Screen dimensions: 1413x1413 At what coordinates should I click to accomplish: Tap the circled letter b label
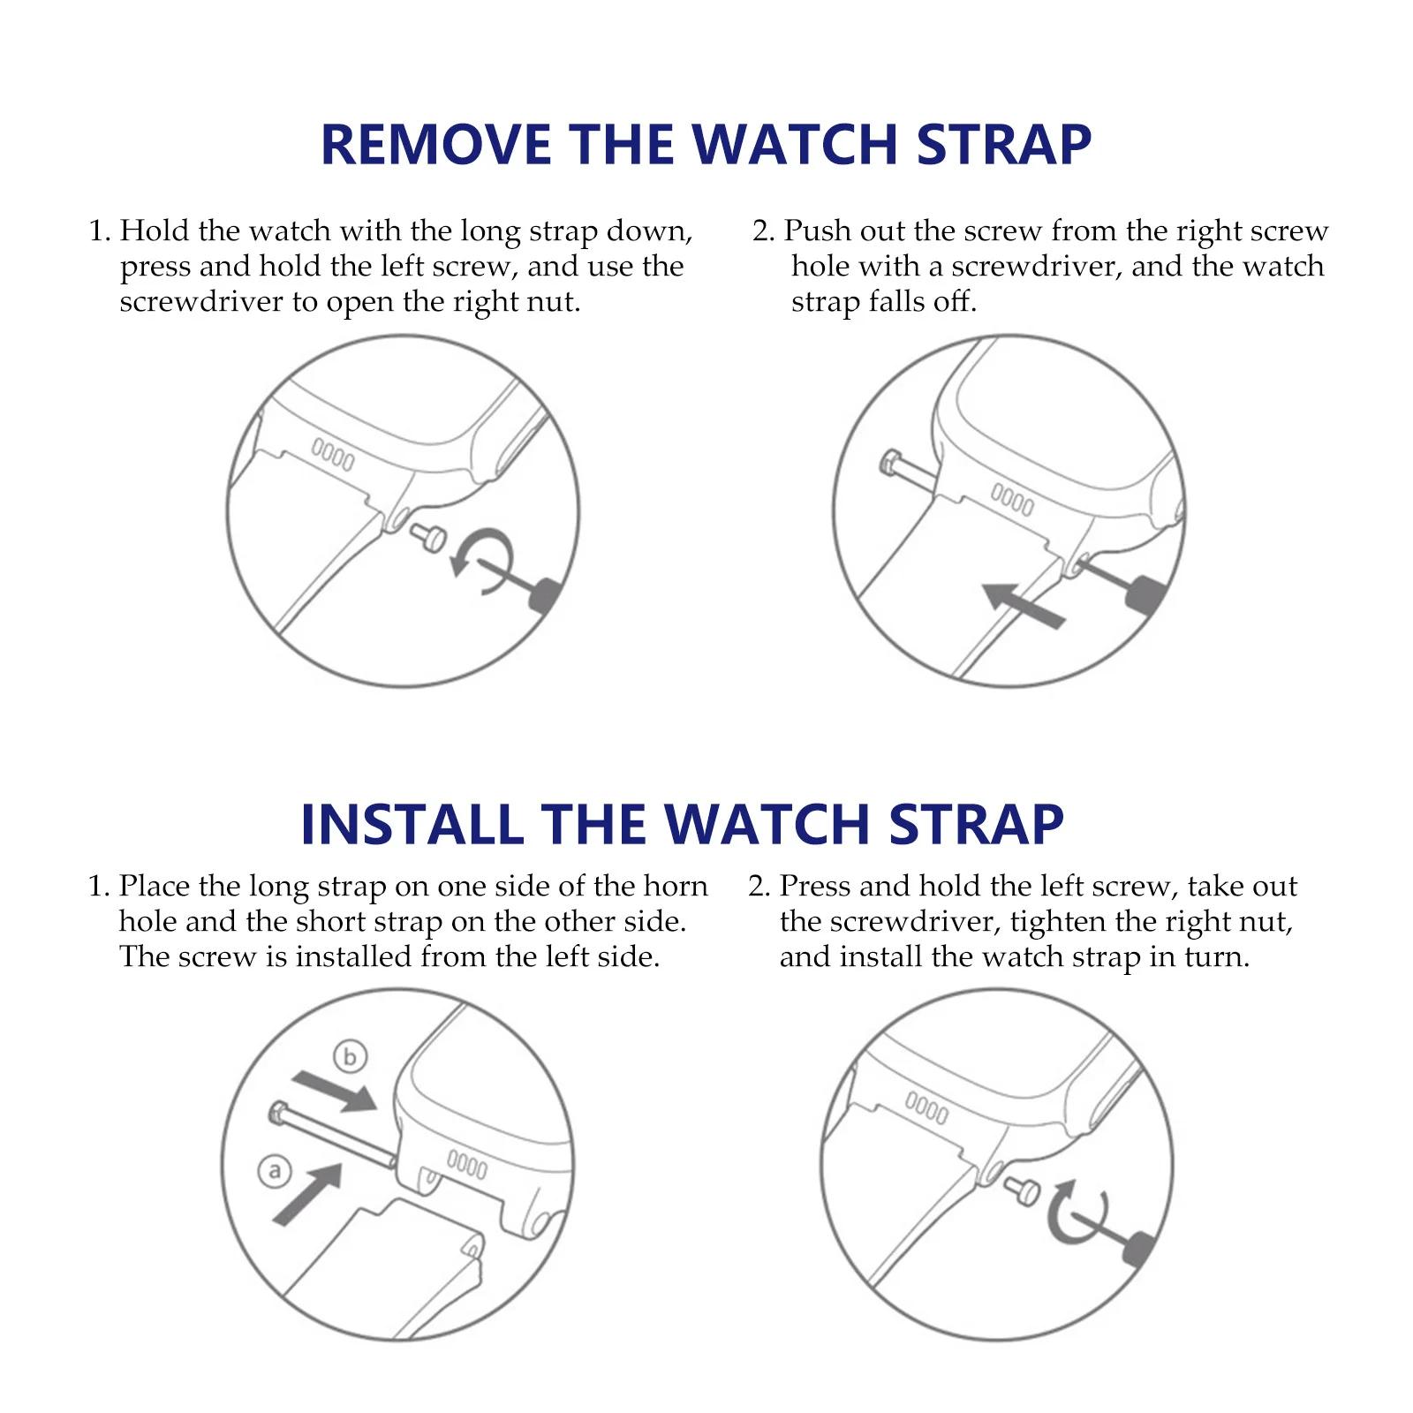click(x=350, y=1056)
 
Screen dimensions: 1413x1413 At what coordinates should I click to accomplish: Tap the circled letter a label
click(x=275, y=1172)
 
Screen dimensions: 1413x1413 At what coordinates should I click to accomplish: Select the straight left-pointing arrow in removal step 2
click(x=1023, y=606)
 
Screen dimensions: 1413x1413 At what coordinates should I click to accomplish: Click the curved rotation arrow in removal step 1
click(x=481, y=561)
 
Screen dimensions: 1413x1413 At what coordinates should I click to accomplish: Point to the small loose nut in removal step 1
click(x=431, y=536)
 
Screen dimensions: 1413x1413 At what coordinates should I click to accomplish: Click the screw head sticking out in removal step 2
click(x=891, y=463)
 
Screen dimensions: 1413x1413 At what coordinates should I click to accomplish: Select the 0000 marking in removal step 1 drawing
click(x=332, y=455)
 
